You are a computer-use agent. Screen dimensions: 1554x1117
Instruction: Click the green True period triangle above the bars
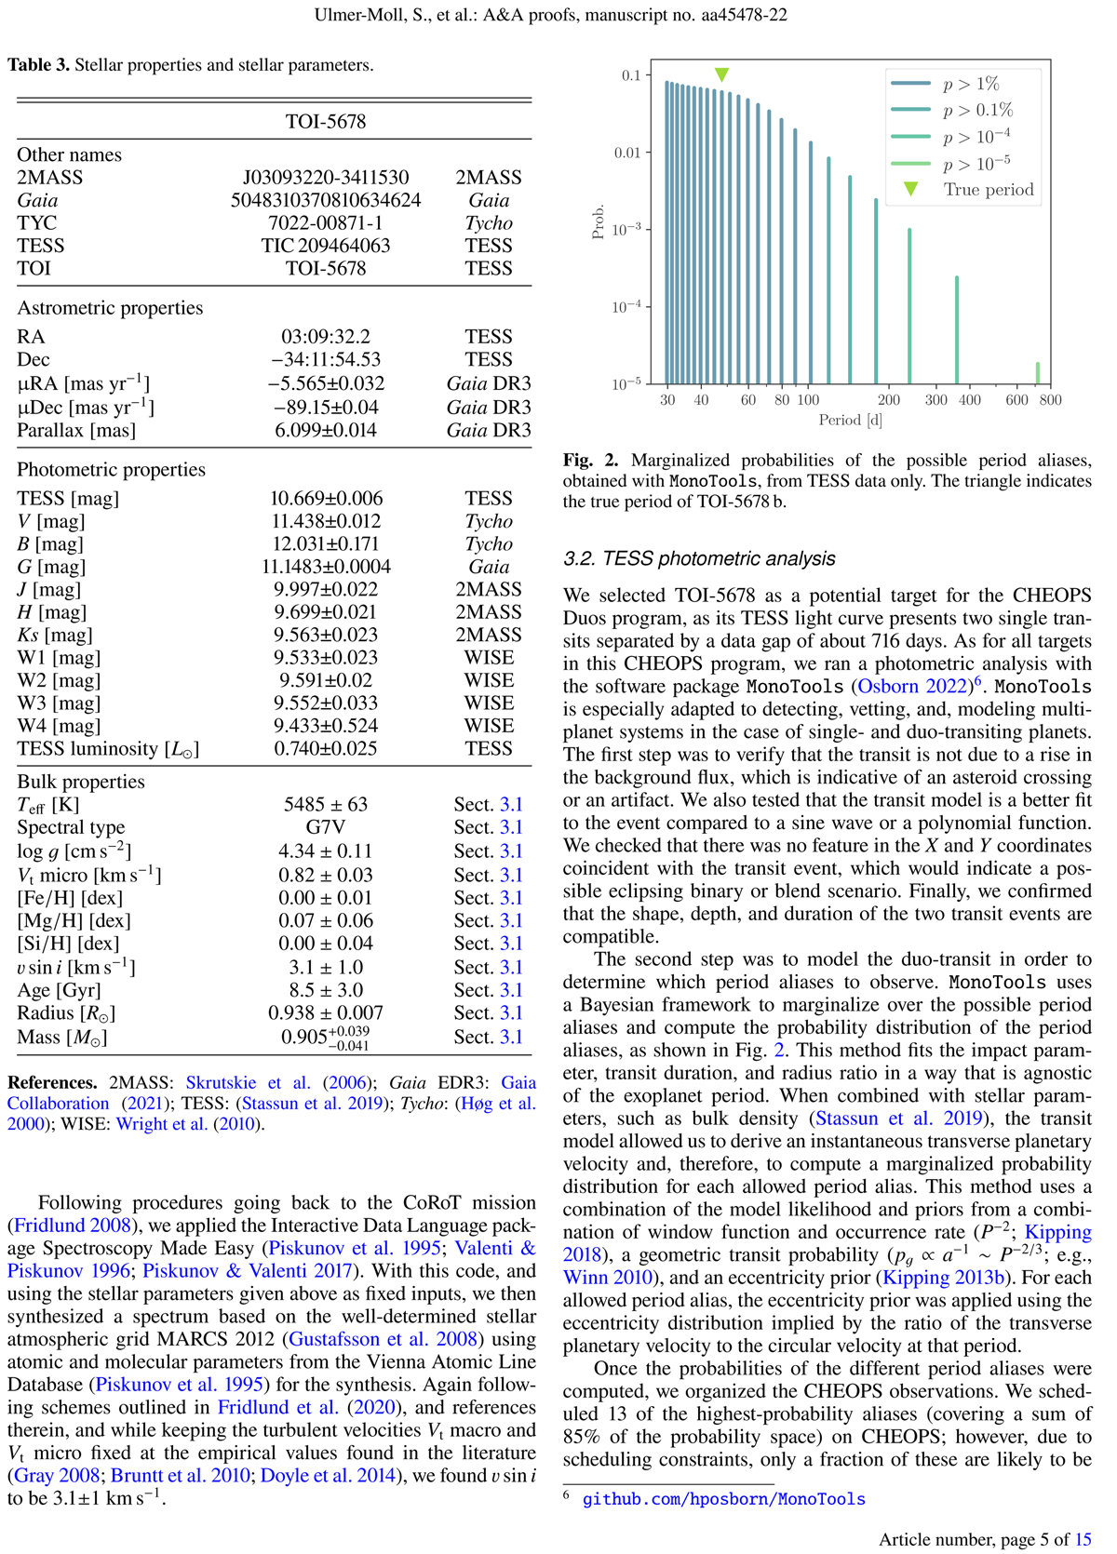coord(721,74)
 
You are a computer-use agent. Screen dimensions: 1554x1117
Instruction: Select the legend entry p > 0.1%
coord(977,110)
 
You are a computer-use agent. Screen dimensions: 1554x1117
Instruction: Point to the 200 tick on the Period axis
coord(889,400)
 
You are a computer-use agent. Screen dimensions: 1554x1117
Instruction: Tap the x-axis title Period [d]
coord(850,421)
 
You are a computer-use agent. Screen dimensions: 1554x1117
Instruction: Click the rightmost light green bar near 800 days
coord(1038,372)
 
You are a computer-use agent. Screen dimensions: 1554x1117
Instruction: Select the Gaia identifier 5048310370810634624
coord(325,201)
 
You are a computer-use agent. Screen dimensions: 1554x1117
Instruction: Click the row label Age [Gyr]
coord(59,991)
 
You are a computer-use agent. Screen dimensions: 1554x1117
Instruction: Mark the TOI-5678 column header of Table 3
coord(325,122)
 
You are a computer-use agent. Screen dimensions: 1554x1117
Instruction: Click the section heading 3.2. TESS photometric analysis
coord(699,559)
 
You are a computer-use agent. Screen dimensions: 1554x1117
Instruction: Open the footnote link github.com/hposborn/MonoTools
coord(723,1499)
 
